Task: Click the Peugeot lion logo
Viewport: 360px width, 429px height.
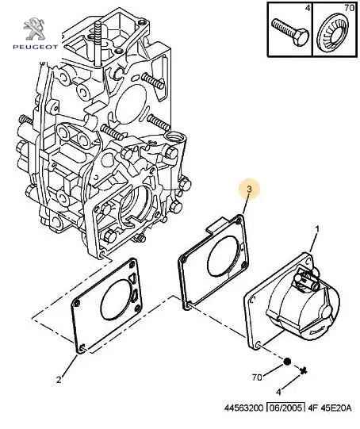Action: tap(35, 29)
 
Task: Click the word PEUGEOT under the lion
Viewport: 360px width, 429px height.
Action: tap(36, 47)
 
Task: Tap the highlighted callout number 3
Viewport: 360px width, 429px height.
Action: tap(249, 189)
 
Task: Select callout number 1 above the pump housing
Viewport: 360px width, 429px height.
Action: tap(317, 229)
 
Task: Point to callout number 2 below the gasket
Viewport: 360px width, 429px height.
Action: tap(59, 380)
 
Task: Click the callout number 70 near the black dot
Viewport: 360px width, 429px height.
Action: tap(257, 377)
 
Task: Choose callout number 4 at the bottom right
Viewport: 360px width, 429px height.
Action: tap(278, 393)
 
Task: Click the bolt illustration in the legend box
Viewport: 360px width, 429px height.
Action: tap(290, 32)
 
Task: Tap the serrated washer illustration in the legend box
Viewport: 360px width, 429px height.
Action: tap(332, 33)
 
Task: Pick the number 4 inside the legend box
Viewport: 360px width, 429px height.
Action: tap(308, 8)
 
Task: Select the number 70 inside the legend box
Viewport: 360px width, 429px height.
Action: tap(350, 8)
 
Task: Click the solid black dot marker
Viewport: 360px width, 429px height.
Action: tap(287, 362)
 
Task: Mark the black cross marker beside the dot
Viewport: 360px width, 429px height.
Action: tap(304, 371)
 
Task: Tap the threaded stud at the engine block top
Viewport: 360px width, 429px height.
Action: tap(98, 43)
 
